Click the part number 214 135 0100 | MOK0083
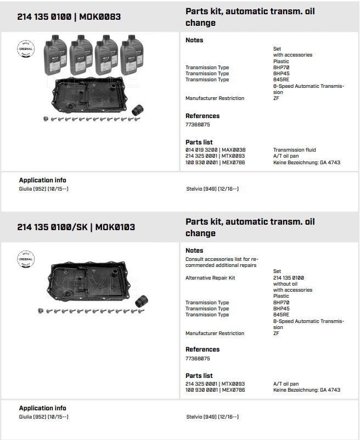(69, 17)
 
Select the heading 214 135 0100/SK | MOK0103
(76, 227)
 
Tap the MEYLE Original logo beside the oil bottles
(25, 49)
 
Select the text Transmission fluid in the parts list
(295, 150)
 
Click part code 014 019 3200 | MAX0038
(215, 150)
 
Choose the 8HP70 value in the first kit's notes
(281, 68)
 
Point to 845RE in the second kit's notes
(281, 315)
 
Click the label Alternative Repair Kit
(210, 278)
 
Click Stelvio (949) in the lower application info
(212, 417)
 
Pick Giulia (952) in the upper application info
(43, 189)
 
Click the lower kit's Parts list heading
(199, 376)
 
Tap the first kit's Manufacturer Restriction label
(215, 98)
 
